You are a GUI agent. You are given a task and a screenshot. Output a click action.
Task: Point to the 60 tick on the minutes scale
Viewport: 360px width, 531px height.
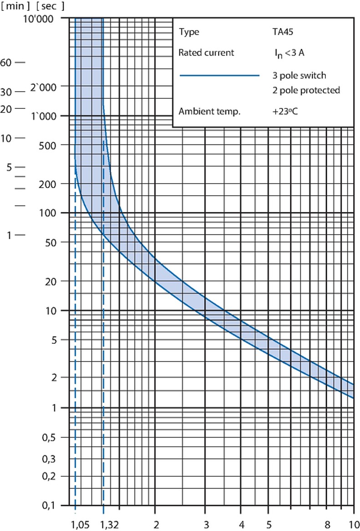click(x=6, y=62)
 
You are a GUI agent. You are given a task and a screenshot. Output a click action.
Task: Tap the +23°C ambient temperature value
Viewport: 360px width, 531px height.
click(x=285, y=111)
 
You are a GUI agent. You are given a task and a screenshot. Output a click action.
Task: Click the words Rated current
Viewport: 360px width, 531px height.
click(x=206, y=52)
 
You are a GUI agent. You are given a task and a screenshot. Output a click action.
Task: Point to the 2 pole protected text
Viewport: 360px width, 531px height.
click(x=305, y=90)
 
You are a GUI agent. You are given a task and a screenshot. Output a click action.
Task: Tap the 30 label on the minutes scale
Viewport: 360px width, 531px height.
click(x=6, y=92)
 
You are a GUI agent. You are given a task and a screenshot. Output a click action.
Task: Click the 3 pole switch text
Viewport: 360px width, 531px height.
click(x=298, y=75)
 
